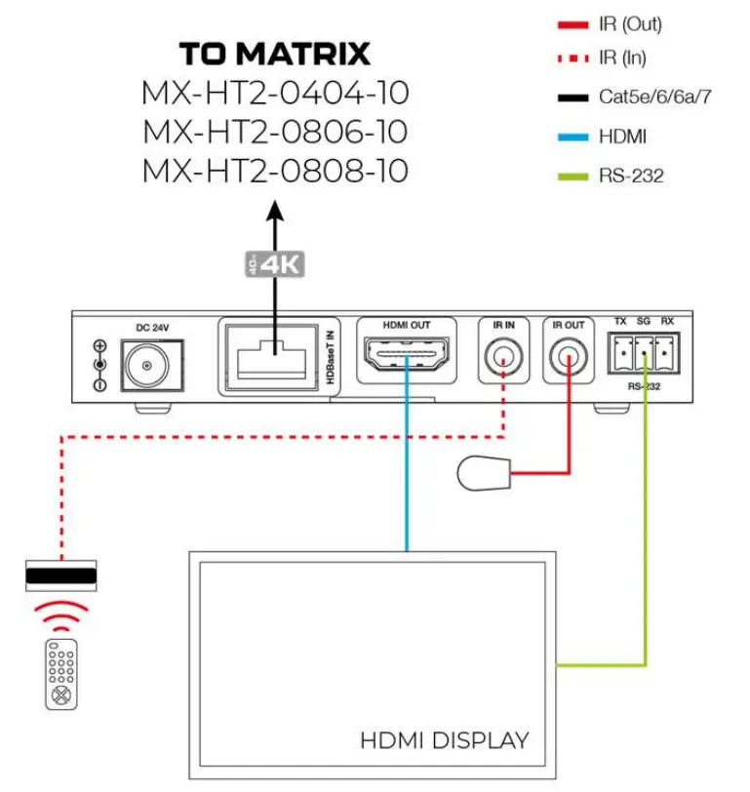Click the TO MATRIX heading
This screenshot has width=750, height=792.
pos(274,54)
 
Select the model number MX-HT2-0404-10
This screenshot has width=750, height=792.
pos(274,94)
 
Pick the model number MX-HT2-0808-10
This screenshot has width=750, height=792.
pos(274,172)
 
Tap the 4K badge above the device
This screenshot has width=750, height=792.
pos(275,262)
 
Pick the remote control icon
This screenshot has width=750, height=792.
pos(62,673)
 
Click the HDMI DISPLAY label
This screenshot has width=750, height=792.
pos(444,740)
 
